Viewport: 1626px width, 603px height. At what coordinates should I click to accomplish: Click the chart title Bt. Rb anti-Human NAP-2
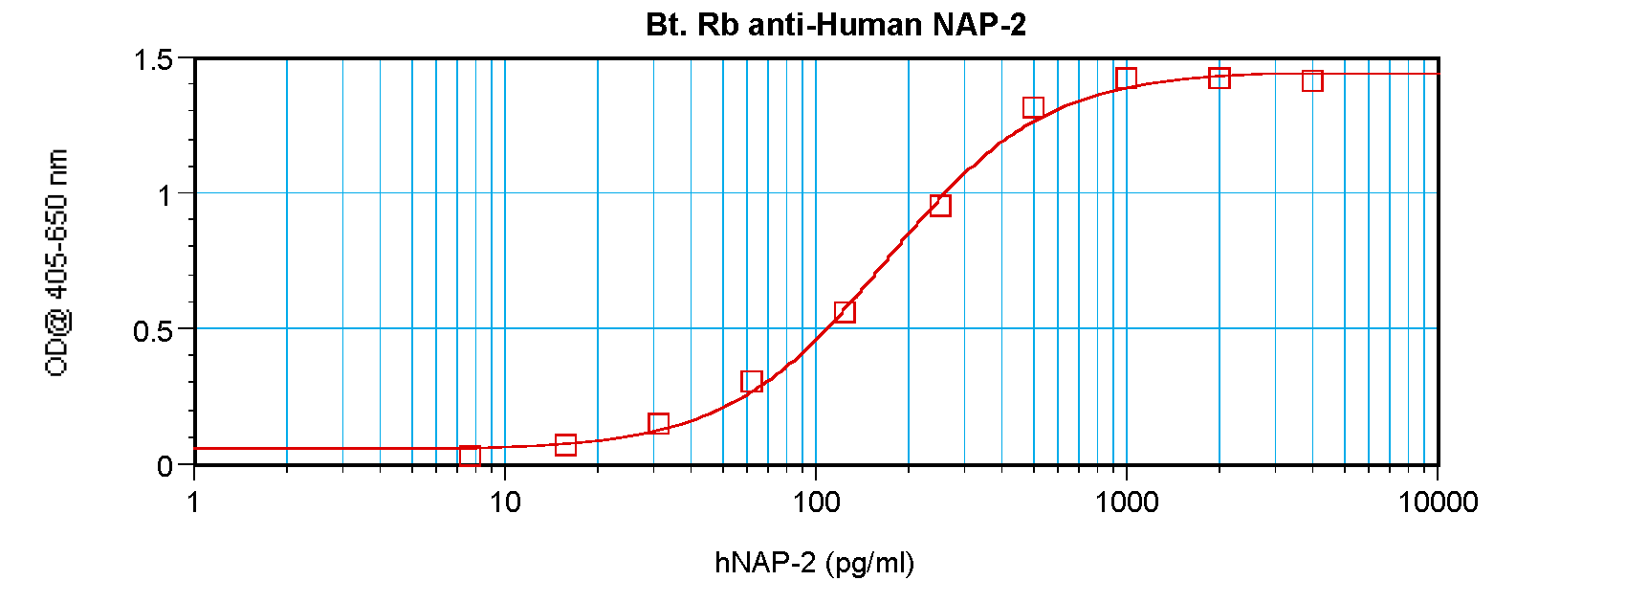836,25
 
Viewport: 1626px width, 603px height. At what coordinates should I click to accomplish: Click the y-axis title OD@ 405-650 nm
57,263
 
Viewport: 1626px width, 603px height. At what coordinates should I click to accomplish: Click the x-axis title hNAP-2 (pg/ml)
814,562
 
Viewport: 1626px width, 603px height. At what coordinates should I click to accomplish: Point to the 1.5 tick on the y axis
153,60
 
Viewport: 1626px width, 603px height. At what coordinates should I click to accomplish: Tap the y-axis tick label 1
164,195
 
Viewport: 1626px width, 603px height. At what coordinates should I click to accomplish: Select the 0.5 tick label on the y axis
153,331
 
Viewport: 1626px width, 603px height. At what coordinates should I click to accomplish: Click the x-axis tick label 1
194,502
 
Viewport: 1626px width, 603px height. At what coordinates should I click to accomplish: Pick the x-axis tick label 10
504,502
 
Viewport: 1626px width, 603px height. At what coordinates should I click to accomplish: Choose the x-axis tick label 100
815,502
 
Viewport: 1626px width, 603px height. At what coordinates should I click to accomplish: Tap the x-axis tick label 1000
1126,502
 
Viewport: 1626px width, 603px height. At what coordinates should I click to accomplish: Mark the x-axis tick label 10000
1437,502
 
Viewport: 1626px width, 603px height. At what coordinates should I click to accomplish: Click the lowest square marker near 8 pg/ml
470,456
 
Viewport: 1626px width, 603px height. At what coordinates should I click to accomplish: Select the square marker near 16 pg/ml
565,444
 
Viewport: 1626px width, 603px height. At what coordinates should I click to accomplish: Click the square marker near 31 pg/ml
658,423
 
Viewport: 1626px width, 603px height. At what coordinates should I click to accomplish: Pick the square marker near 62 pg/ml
752,382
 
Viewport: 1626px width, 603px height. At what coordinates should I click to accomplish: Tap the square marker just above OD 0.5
845,312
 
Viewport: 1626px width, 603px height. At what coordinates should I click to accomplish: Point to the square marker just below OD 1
940,206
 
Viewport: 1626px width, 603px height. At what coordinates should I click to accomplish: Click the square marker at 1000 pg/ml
1126,78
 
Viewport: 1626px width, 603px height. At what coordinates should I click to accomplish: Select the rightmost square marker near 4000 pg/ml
1312,81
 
